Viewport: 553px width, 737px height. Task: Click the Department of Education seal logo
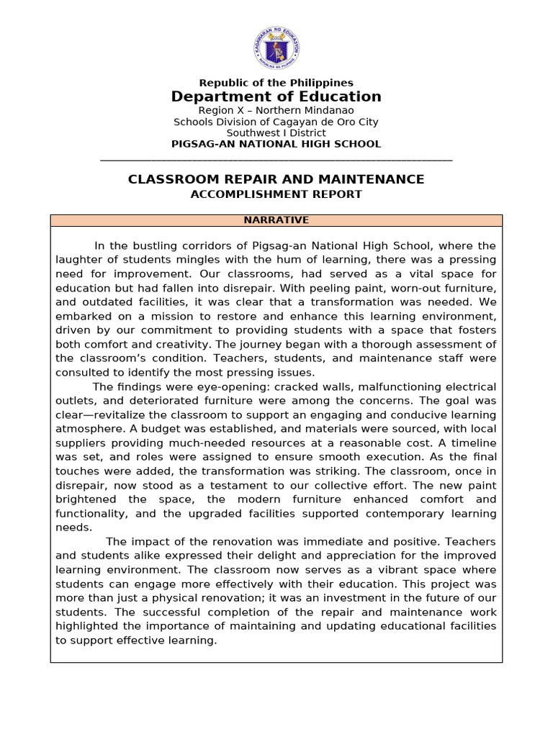pyautogui.click(x=276, y=48)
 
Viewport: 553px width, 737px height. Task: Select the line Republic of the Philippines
pyautogui.click(x=276, y=83)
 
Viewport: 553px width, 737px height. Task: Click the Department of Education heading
pyautogui.click(x=276, y=97)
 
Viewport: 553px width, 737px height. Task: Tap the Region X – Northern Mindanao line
pyautogui.click(x=276, y=111)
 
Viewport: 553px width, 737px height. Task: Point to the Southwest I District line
pyautogui.click(x=276, y=132)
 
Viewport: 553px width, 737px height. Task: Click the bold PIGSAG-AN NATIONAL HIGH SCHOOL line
pyautogui.click(x=276, y=144)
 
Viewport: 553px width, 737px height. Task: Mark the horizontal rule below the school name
pyautogui.click(x=276, y=159)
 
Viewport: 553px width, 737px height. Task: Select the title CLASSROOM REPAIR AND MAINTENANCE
pyautogui.click(x=276, y=179)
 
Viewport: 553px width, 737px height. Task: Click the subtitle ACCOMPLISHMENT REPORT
pyautogui.click(x=276, y=194)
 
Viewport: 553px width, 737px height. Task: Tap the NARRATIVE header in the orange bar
pyautogui.click(x=276, y=220)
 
